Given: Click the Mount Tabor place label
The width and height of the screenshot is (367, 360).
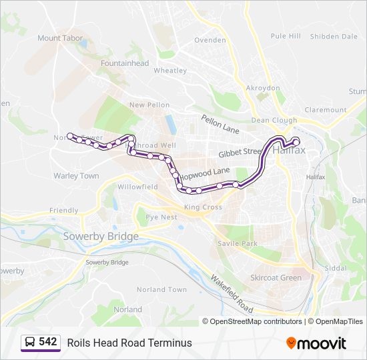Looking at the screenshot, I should click(x=60, y=38).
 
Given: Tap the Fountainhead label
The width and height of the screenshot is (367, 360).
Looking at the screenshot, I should click(x=125, y=63).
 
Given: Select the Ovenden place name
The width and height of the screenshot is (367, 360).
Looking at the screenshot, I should click(x=210, y=40).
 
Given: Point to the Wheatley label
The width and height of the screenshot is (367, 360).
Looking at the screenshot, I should click(x=170, y=70).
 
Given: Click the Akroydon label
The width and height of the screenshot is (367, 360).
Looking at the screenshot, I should click(x=263, y=88).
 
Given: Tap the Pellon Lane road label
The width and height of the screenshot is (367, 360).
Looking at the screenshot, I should click(x=220, y=123).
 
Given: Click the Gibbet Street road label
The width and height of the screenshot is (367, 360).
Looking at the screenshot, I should click(x=240, y=153).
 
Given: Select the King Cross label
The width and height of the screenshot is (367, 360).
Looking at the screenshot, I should click(x=203, y=207).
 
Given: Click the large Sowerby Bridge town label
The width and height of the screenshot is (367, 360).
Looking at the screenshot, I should click(x=101, y=237).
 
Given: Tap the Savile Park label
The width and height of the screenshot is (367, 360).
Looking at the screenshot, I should click(x=237, y=244).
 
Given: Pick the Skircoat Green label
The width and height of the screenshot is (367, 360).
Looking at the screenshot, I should click(x=276, y=277).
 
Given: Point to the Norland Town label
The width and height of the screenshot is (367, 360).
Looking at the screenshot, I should click(x=161, y=290).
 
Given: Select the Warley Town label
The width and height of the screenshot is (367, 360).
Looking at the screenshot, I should click(x=76, y=176).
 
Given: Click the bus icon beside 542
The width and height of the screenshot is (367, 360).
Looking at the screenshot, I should click(x=30, y=343).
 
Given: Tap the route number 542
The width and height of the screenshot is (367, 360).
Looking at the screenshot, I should click(x=48, y=342).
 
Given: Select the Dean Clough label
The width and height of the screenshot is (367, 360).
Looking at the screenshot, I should click(x=274, y=121).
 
